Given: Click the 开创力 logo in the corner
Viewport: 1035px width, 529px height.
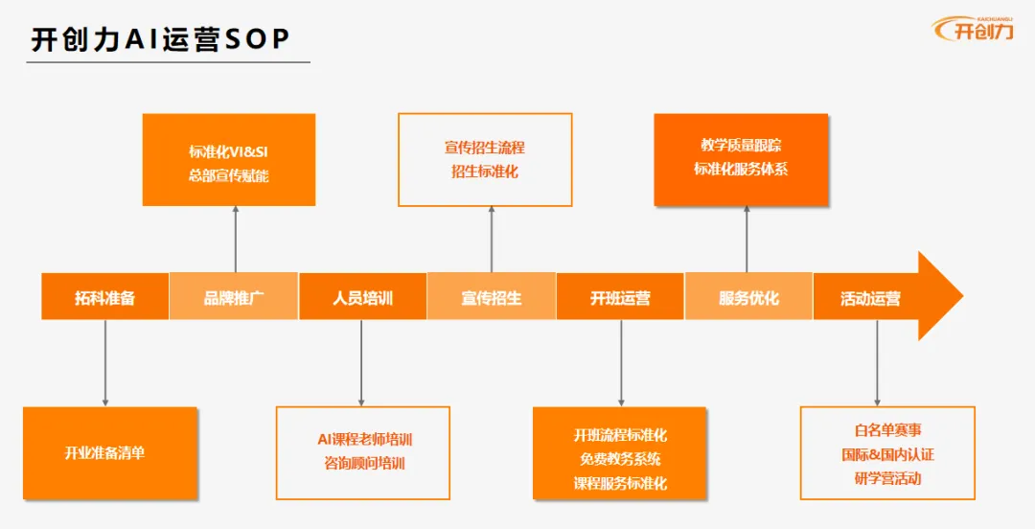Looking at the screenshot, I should [972, 29].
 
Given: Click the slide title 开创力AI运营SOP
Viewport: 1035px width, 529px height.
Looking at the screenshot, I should [160, 39].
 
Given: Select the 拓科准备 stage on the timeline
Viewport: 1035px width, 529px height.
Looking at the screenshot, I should [105, 298].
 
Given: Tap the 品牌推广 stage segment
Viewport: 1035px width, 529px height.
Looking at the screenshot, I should [234, 298].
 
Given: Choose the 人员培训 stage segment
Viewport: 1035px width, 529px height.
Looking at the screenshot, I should [362, 298].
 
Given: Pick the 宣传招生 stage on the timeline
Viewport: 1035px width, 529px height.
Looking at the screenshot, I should [491, 298].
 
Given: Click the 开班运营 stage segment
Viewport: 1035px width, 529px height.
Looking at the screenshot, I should [619, 298].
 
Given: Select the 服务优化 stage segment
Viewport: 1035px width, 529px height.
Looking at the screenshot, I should [747, 298].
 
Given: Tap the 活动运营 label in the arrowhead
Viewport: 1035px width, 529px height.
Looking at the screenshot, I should [870, 298].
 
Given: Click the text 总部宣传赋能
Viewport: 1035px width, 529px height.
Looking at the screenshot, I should [228, 175].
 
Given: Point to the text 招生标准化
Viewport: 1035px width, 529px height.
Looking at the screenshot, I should [484, 172].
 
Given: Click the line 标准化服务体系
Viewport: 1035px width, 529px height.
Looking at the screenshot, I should [741, 169].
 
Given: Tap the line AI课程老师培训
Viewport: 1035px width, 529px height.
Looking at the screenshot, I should [363, 440].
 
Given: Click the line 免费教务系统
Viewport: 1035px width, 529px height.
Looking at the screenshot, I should [620, 459].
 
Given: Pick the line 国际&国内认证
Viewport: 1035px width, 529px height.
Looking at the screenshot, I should [887, 454].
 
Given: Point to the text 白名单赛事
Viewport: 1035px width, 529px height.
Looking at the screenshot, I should [887, 431].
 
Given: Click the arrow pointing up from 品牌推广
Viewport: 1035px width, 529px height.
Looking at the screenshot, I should [235, 239].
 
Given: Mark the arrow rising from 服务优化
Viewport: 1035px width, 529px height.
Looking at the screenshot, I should [747, 239].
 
